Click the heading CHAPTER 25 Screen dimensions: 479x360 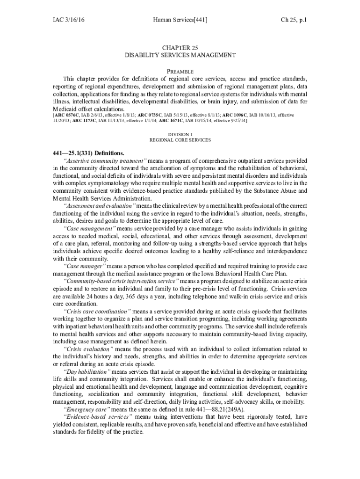[180, 48]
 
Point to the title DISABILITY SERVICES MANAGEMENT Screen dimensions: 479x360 [180, 55]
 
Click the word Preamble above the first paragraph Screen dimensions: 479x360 [180, 71]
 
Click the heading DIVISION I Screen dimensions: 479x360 [180, 134]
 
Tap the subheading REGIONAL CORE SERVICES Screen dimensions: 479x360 [180, 140]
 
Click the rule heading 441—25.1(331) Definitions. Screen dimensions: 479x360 [88, 153]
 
